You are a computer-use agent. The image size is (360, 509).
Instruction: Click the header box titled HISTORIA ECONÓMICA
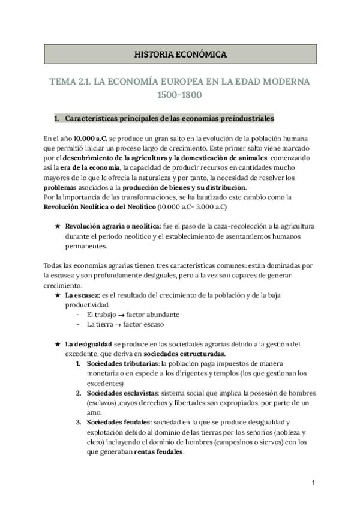(179, 55)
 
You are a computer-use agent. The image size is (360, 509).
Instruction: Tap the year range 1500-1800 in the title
(179, 95)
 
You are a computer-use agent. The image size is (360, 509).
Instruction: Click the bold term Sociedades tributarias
(122, 364)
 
